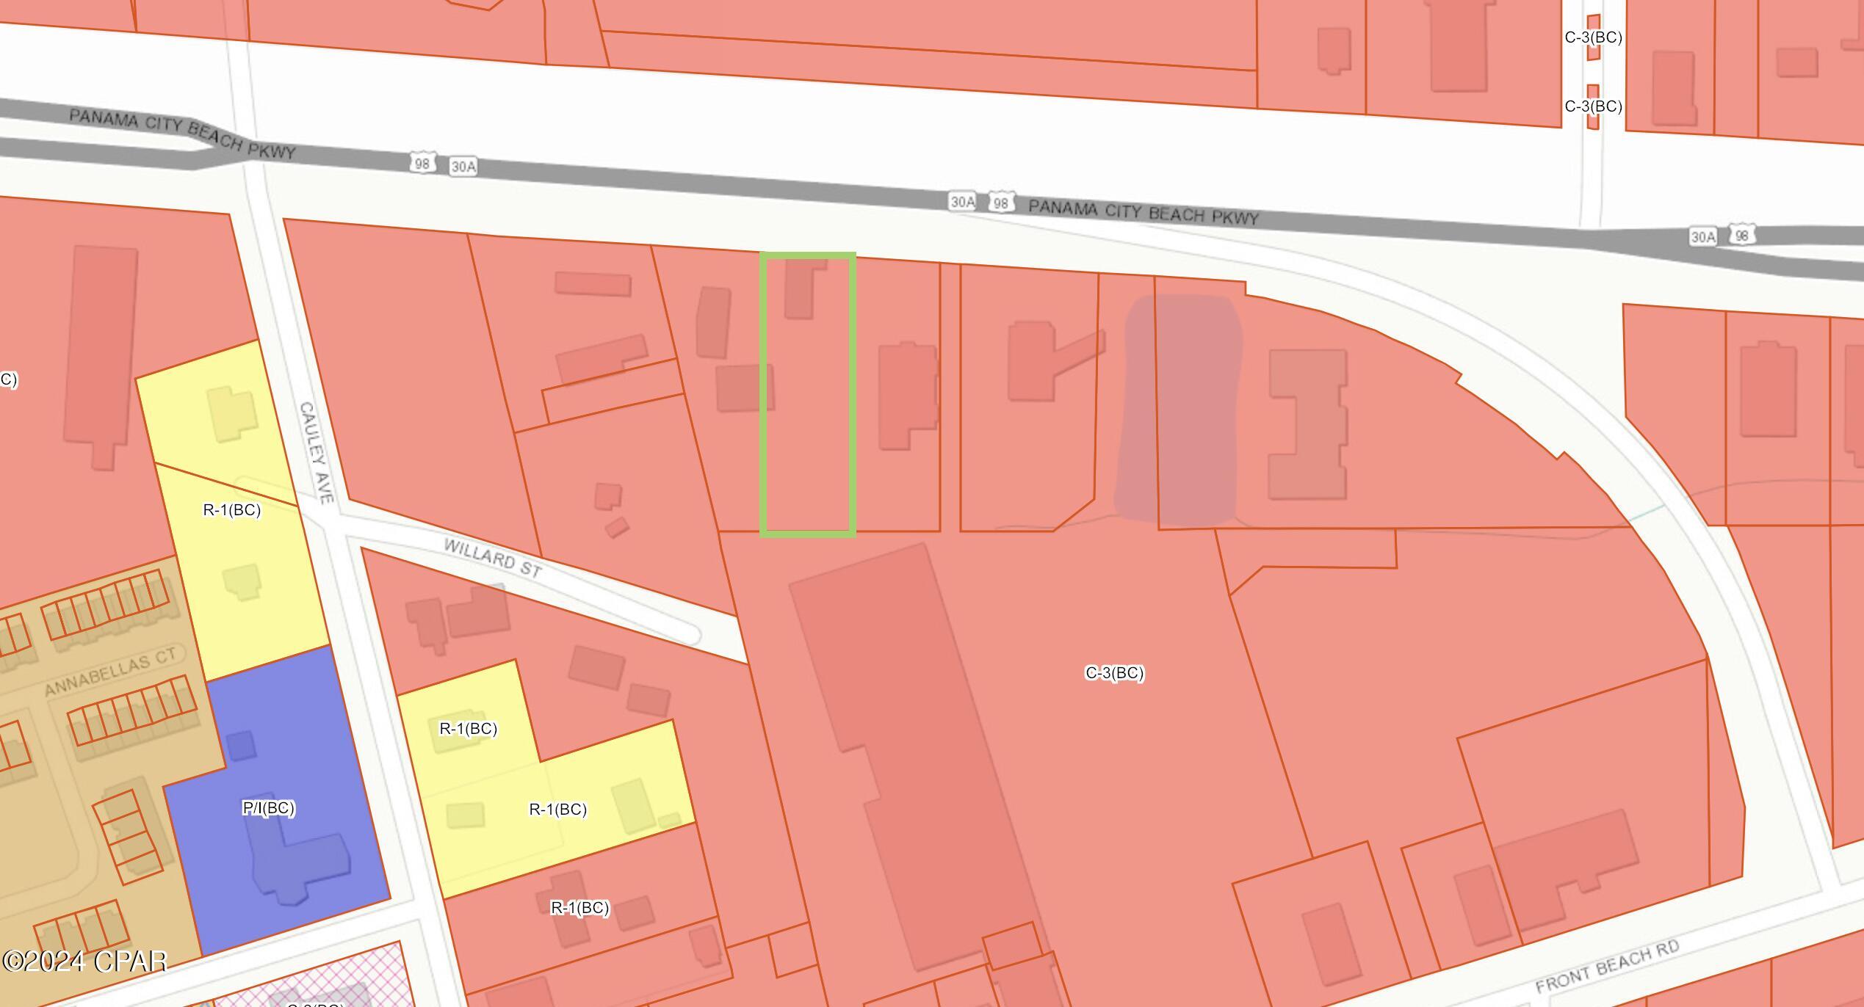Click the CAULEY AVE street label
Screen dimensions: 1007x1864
coord(317,452)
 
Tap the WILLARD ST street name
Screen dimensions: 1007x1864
coord(493,558)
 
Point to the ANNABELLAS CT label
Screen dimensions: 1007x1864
coord(110,672)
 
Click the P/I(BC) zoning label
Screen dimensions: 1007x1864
coord(269,808)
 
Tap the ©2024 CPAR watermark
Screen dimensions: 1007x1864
coord(84,961)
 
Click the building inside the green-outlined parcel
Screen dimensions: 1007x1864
coord(801,288)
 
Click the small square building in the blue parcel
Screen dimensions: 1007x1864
coord(241,746)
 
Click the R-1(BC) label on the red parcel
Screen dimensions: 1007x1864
coord(579,908)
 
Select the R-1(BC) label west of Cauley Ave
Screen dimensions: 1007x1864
coord(232,510)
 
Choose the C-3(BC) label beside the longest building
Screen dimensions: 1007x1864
coord(1114,673)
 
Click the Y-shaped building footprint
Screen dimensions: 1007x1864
coord(1043,360)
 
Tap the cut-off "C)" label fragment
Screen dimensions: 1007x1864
coord(7,379)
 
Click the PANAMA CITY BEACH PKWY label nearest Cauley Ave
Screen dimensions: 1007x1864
coord(182,134)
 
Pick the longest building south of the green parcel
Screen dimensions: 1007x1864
coord(918,756)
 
